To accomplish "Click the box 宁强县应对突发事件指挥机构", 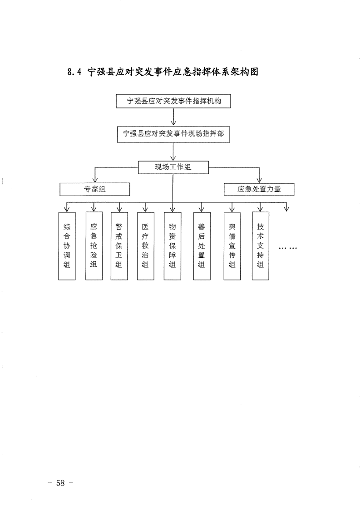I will [x=173, y=101].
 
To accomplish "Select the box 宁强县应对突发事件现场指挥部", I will [x=173, y=134].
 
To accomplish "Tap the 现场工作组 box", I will [x=173, y=167].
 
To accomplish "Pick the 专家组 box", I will [x=95, y=189].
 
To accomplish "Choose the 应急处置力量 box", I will [x=259, y=189].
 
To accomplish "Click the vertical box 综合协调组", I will [x=67, y=245].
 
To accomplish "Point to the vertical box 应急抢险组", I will [x=94, y=245].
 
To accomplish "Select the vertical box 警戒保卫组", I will [x=119, y=245].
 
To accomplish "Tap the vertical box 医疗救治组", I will [x=145, y=245].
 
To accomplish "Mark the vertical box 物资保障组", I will [x=173, y=245].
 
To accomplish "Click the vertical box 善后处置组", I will [x=202, y=245].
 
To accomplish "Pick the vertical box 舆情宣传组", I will [x=232, y=245].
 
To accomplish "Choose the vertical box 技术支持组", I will [x=260, y=245].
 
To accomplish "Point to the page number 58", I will [x=60, y=483].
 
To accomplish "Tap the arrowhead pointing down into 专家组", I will [x=95, y=180].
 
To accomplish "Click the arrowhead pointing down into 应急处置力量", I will [x=260, y=180].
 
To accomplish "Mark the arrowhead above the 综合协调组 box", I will [x=67, y=209].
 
